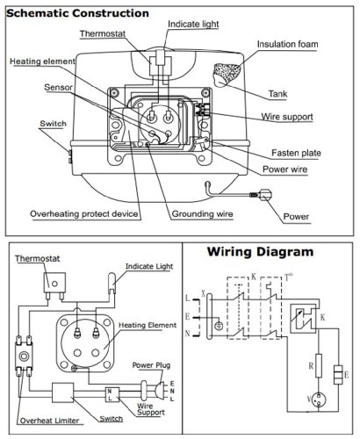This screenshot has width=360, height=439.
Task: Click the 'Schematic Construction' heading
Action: (x=77, y=13)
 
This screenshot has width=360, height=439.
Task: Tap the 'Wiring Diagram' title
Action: (x=260, y=252)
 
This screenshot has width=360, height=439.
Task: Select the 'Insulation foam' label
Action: (x=287, y=44)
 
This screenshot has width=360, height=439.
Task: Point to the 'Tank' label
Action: (x=277, y=94)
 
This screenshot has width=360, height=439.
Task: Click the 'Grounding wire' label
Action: (x=202, y=214)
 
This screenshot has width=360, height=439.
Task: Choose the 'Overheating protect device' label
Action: (x=84, y=214)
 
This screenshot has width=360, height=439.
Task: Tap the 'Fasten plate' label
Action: (x=296, y=153)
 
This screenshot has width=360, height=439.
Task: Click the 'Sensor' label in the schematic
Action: (x=58, y=87)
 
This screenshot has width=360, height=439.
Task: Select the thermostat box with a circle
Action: (x=54, y=283)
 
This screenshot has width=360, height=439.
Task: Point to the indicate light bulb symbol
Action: (x=112, y=283)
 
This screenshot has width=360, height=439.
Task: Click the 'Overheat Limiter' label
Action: (x=50, y=421)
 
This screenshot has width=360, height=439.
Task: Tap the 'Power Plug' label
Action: (x=151, y=365)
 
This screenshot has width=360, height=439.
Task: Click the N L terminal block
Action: (x=112, y=394)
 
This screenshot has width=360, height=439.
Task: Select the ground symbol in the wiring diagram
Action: (x=219, y=326)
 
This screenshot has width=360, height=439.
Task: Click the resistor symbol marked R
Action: (x=319, y=365)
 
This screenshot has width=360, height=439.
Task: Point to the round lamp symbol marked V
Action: (x=319, y=399)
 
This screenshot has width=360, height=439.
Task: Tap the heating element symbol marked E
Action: (x=338, y=375)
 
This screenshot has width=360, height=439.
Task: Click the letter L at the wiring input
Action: (x=188, y=299)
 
